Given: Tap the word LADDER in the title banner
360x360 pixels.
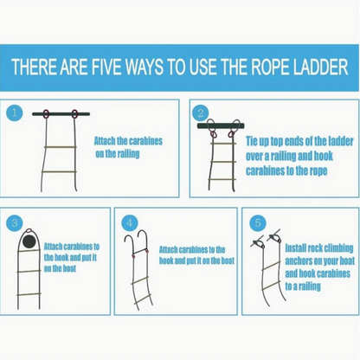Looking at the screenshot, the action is (x=321, y=67).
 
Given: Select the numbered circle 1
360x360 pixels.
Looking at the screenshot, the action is (x=14, y=112).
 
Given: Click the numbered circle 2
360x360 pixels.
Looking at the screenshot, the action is (x=201, y=113).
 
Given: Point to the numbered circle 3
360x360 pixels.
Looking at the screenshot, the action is (x=15, y=222).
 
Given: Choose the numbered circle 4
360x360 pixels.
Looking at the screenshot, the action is (x=130, y=222).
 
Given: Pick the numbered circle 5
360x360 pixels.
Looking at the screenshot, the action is (x=258, y=222).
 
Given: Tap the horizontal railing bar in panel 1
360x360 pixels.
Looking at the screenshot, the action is (x=61, y=114).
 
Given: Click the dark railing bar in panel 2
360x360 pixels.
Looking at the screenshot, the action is (x=221, y=125).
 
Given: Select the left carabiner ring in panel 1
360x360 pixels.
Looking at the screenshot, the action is (x=46, y=114).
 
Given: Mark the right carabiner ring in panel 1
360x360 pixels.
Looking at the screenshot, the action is (x=74, y=114).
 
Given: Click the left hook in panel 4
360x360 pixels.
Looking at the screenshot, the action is (x=129, y=242).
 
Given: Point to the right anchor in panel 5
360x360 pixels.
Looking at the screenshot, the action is (x=274, y=237).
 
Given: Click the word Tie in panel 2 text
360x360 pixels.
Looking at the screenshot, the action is (x=254, y=141).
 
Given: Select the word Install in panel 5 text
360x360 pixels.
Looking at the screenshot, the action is (x=296, y=247).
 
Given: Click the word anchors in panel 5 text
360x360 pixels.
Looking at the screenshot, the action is (x=298, y=260).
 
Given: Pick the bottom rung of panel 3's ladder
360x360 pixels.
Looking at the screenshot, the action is (x=29, y=294).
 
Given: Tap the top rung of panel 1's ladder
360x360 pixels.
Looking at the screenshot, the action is (x=61, y=147).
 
